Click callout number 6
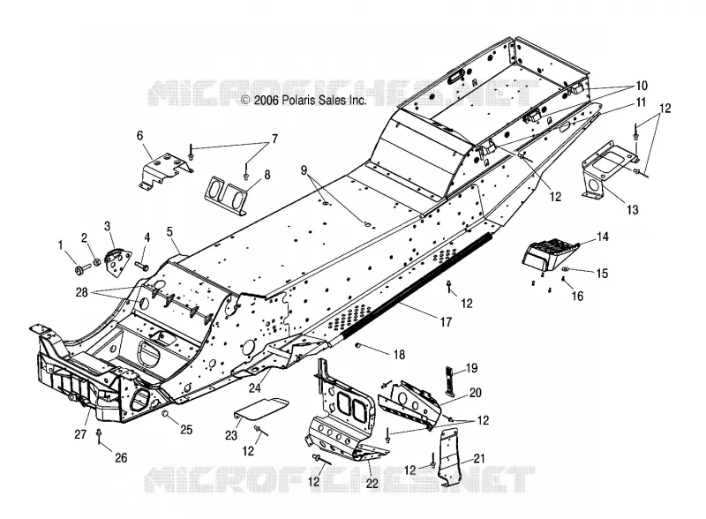(x=140, y=135)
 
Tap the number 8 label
(x=267, y=175)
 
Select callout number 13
(x=633, y=209)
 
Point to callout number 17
(x=446, y=322)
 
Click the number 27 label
(x=80, y=434)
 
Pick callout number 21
(x=479, y=459)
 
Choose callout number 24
(x=255, y=387)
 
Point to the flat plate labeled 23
(x=261, y=408)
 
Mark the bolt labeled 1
(x=82, y=269)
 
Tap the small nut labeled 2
(x=96, y=263)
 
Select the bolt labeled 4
(x=142, y=267)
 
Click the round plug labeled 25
(x=165, y=414)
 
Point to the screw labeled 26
(x=99, y=436)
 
